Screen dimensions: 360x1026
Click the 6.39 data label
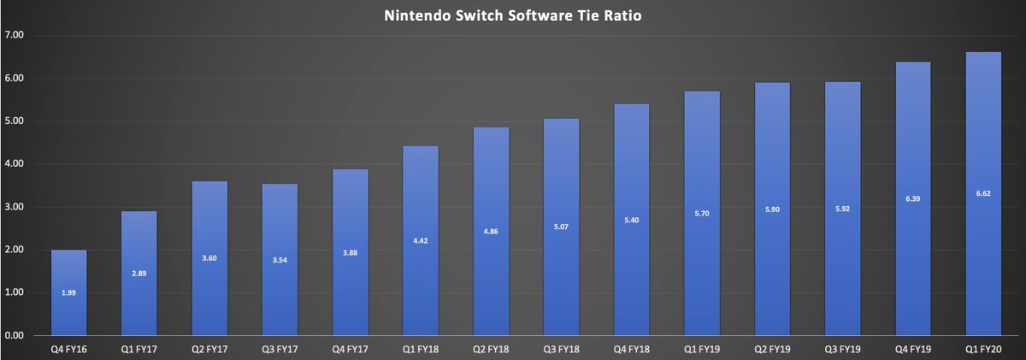click(x=912, y=198)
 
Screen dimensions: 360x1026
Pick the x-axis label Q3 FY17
click(x=280, y=348)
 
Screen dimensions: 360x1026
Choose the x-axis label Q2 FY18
click(x=491, y=348)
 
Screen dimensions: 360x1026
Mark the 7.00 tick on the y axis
click(x=15, y=35)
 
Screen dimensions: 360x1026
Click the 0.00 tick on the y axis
click(x=15, y=335)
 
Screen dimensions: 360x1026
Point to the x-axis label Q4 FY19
click(x=912, y=348)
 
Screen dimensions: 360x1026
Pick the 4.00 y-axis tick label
click(x=15, y=164)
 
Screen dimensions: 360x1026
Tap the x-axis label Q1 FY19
click(x=702, y=348)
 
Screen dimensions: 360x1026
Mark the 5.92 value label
click(x=842, y=209)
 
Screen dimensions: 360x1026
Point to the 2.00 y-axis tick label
click(x=15, y=250)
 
